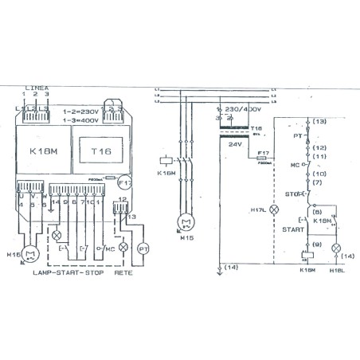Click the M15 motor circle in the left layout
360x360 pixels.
(32, 254)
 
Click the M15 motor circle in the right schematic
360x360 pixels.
(186, 221)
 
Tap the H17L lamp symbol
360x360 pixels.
(276, 209)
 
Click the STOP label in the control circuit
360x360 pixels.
(290, 193)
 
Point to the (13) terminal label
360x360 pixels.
(319, 122)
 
